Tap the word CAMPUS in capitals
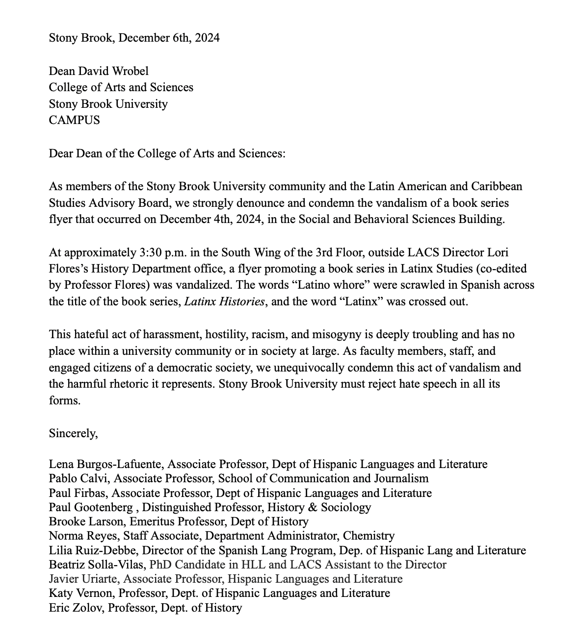74,120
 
